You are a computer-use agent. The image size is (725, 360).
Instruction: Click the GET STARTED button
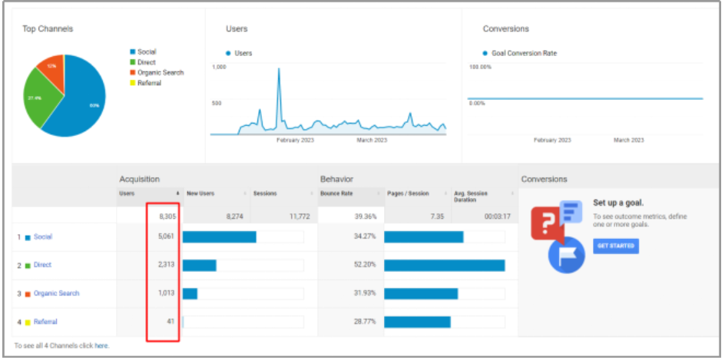point(615,246)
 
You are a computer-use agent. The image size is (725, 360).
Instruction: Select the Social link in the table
point(43,236)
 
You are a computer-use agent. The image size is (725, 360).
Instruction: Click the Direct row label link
point(42,265)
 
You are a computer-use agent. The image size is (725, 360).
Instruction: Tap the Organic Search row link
point(56,293)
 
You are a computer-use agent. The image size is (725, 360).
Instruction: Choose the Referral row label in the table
point(45,322)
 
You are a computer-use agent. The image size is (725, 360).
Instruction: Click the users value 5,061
point(167,236)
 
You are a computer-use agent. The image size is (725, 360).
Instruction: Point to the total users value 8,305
point(167,216)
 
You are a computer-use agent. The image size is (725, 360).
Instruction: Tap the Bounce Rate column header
point(336,193)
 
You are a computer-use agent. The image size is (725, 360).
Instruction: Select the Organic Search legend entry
point(161,72)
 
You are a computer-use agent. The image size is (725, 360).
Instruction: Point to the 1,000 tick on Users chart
point(219,68)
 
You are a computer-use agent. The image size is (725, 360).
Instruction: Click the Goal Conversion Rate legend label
point(524,53)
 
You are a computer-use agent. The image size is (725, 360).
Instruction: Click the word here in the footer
point(101,345)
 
